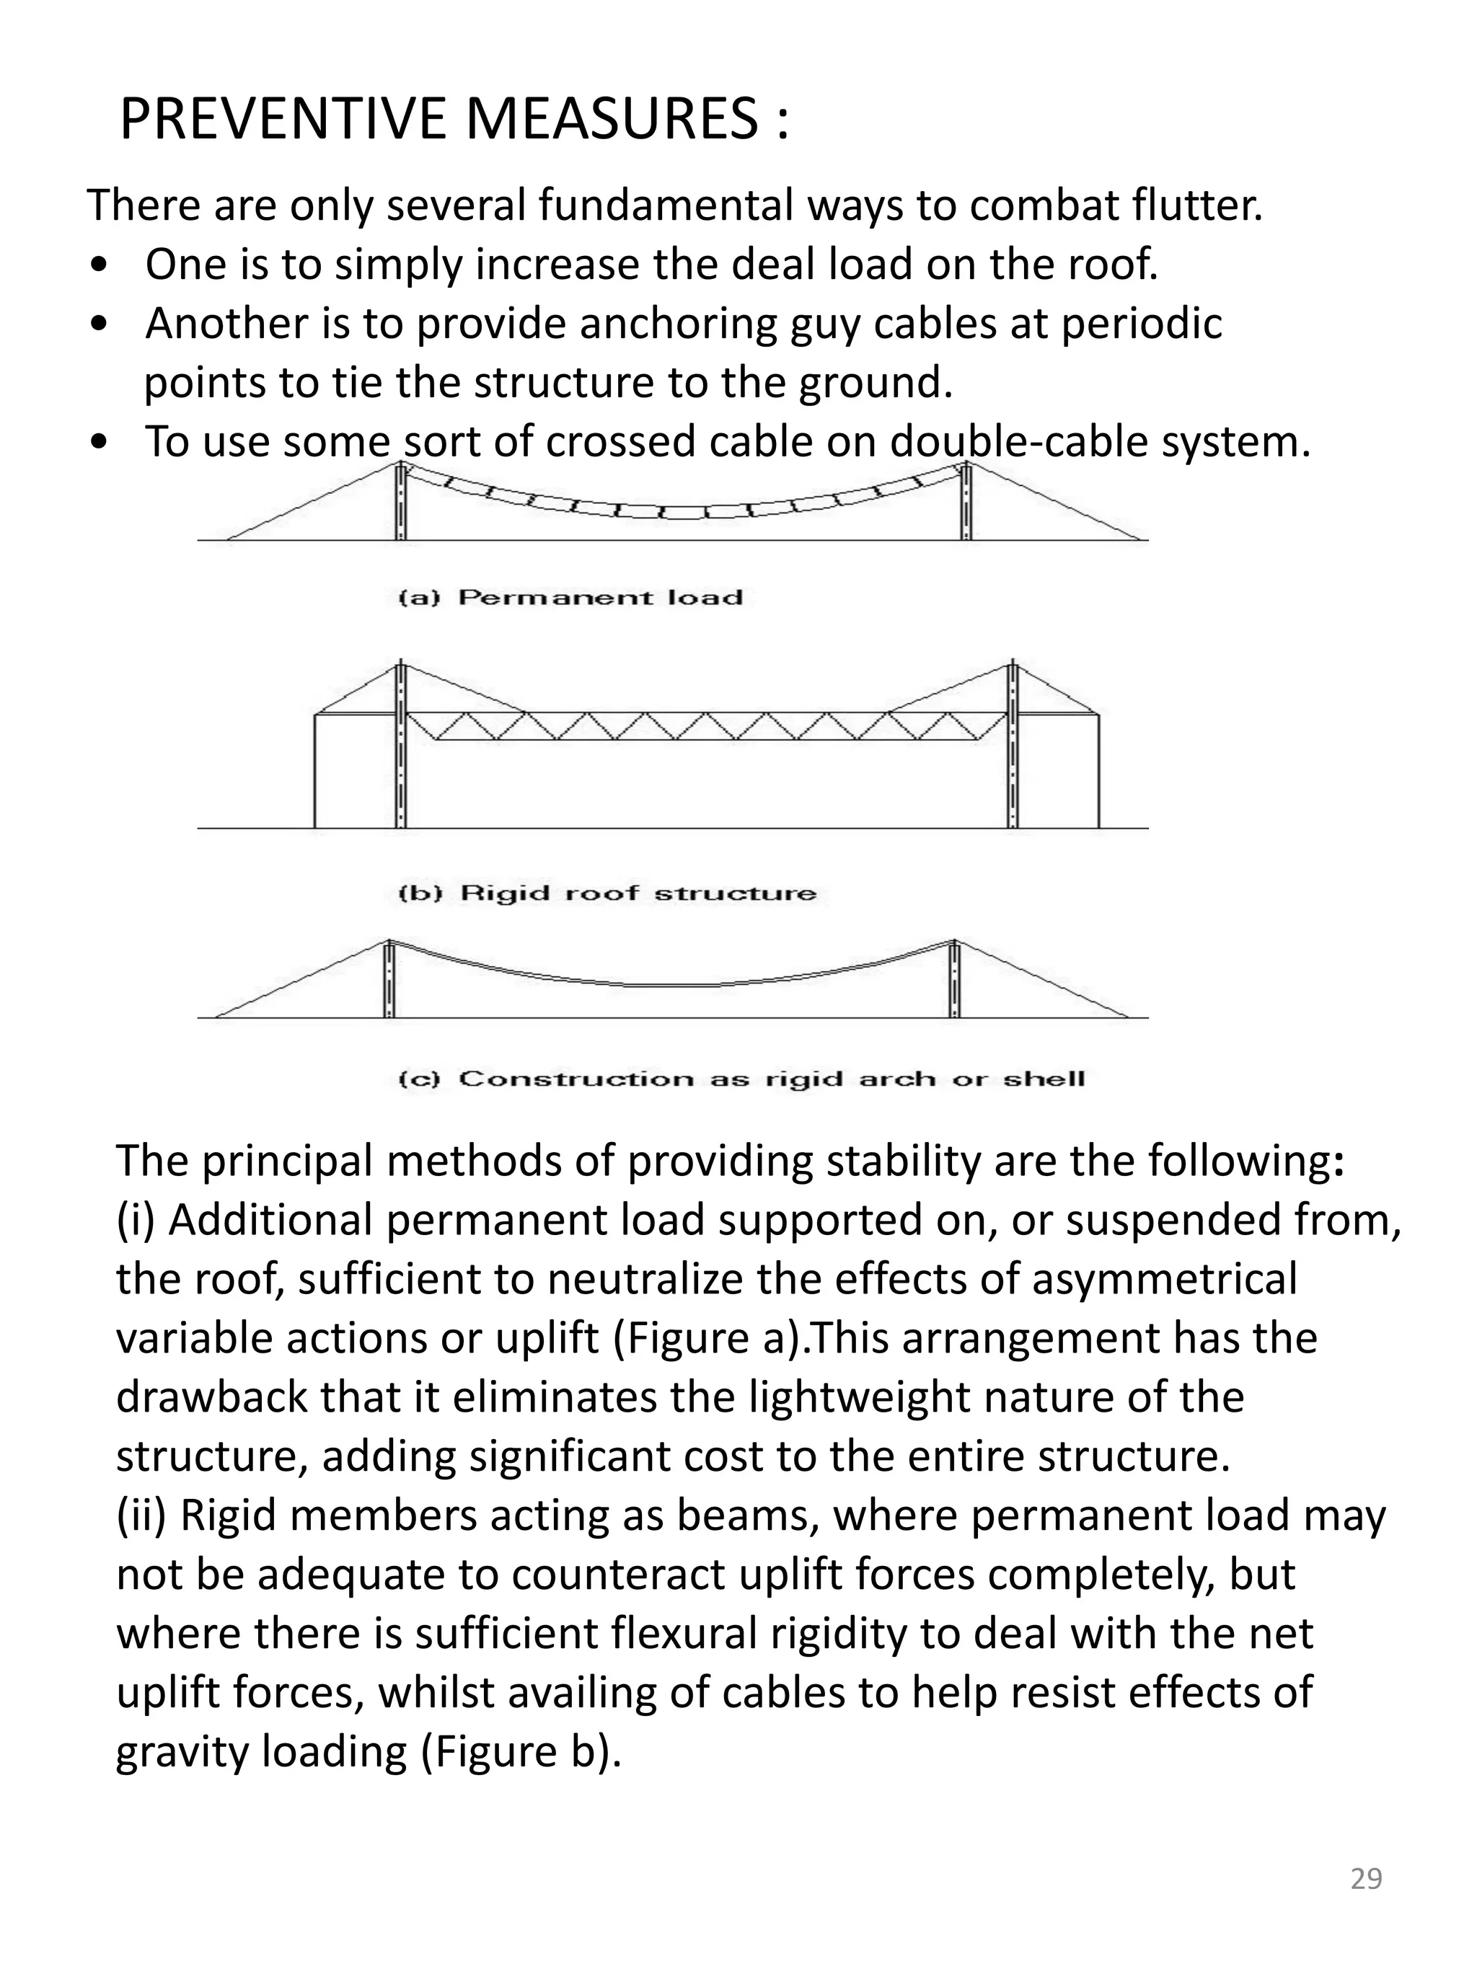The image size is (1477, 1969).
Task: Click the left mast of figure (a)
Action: pyautogui.click(x=401, y=503)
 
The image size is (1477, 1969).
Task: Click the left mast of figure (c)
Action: pyautogui.click(x=389, y=979)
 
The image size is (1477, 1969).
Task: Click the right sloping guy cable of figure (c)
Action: pyautogui.click(x=1041, y=979)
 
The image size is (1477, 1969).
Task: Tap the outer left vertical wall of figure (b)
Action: pyautogui.click(x=315, y=771)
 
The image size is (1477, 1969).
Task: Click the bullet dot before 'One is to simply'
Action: pyautogui.click(x=100, y=266)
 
